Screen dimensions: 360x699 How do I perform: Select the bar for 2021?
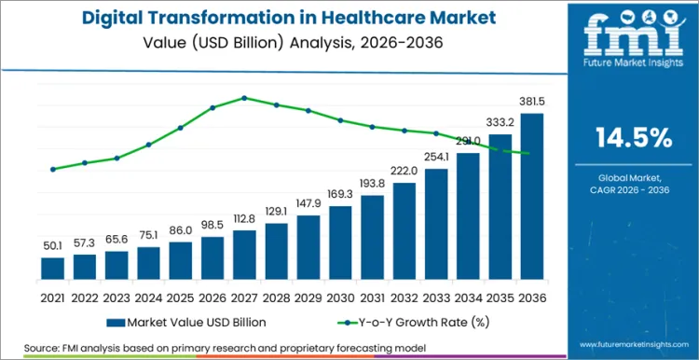(53, 269)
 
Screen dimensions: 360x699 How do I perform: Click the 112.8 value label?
(244, 220)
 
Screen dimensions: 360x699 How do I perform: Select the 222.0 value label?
(404, 172)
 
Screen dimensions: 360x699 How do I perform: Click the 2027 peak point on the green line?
(244, 97)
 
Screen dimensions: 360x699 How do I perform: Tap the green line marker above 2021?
(53, 169)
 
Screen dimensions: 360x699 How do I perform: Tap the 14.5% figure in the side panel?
(633, 138)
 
